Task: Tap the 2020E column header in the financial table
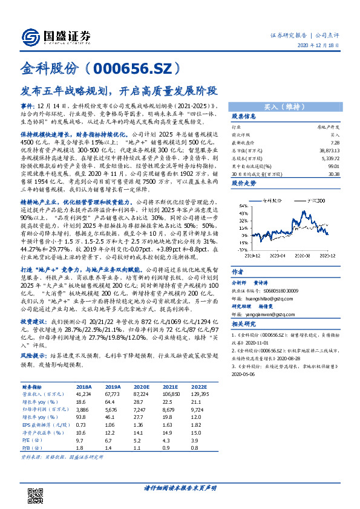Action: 142,386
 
